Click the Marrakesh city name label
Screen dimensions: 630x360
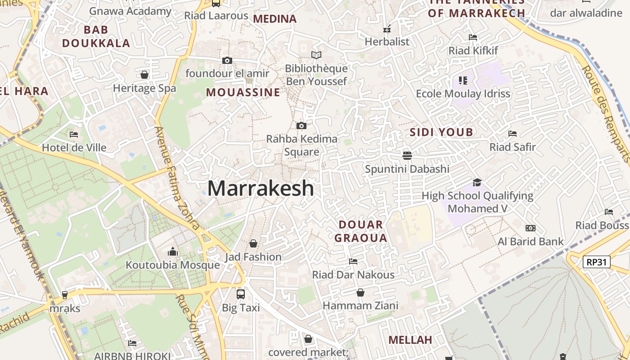261,188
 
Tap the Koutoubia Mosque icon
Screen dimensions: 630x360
173,252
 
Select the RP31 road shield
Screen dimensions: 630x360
596,262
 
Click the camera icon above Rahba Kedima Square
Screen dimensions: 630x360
301,126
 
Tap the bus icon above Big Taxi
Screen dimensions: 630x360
241,294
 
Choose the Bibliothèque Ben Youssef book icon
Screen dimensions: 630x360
316,55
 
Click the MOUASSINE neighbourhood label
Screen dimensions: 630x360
243,93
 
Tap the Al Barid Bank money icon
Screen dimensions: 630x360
531,228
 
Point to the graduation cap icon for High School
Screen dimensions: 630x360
477,182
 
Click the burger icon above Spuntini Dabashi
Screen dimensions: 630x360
407,155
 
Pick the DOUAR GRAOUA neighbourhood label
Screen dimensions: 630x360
361,231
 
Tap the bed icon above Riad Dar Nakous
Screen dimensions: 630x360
353,261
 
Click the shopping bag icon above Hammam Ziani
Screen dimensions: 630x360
360,292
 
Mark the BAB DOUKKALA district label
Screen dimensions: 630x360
96,37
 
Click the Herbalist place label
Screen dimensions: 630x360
387,42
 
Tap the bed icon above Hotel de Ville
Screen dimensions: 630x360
74,134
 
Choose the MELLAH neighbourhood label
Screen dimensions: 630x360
410,340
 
